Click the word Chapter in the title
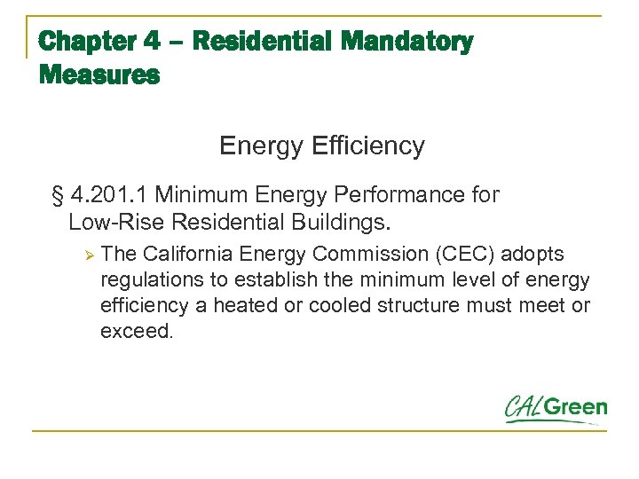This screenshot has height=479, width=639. tap(86, 42)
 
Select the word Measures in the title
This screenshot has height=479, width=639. tap(99, 75)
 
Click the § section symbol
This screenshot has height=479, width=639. tap(59, 194)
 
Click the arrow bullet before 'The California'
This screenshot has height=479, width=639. tap(87, 255)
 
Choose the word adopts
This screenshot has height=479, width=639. tap(532, 255)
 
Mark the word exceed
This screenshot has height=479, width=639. tap(135, 332)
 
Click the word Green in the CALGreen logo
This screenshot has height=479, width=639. tap(576, 409)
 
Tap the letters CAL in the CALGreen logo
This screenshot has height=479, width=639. tap(524, 409)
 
